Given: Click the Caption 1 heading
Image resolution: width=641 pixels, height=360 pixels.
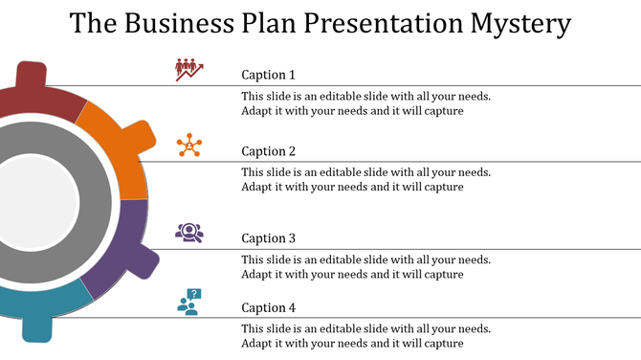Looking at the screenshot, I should (268, 75).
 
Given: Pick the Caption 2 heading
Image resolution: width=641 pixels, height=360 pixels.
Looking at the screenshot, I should (268, 151).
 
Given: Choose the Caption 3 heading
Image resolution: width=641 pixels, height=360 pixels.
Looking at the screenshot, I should (268, 238).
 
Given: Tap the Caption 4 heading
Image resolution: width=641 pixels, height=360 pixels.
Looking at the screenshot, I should (268, 307).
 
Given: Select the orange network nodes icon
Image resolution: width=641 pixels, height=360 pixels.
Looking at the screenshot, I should (188, 146).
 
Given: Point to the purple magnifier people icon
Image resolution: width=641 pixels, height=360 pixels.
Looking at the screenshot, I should (188, 232).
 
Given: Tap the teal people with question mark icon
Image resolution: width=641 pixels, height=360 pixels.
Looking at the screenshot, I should (189, 303).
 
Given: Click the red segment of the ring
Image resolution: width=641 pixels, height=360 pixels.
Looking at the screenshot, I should (38, 101).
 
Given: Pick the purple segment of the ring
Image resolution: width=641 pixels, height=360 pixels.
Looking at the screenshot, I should (119, 249).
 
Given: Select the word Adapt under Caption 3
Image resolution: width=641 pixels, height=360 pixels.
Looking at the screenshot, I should (257, 274).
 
